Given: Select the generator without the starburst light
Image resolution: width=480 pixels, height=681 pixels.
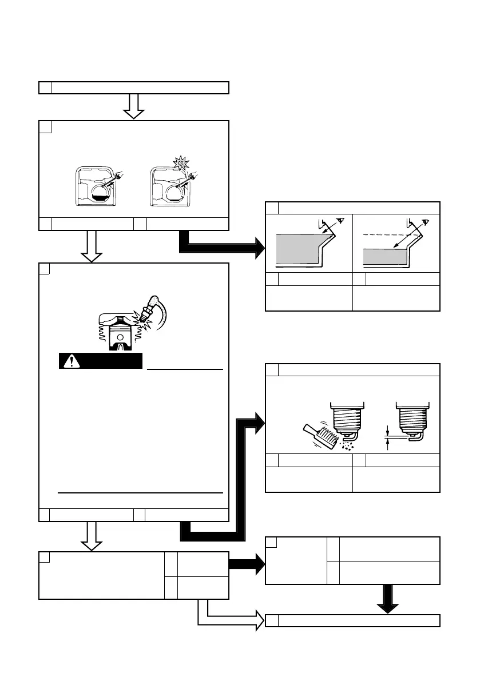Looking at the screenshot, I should [x=97, y=187].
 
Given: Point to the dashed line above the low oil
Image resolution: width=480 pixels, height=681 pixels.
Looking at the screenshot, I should [x=389, y=236].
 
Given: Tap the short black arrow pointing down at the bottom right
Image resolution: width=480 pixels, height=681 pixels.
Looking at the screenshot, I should [x=388, y=599].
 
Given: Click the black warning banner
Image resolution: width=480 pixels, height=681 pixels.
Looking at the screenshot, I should [x=100, y=361].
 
